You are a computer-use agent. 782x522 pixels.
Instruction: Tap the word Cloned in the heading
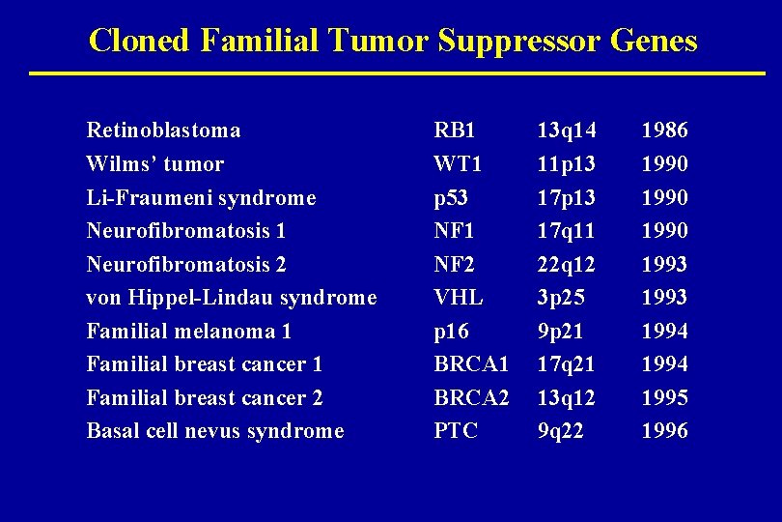pyautogui.click(x=141, y=41)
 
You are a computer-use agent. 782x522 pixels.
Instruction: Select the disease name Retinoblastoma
pyautogui.click(x=163, y=130)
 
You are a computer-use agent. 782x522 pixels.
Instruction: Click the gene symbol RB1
pyautogui.click(x=454, y=130)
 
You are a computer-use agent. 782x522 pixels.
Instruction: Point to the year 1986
pyautogui.click(x=665, y=130)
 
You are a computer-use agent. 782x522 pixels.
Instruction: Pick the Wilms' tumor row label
pyautogui.click(x=154, y=163)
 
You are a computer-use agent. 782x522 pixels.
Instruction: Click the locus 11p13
pyautogui.click(x=566, y=163)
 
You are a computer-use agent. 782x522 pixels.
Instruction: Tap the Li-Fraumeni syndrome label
pyautogui.click(x=201, y=197)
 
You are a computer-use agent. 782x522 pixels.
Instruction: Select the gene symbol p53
pyautogui.click(x=451, y=197)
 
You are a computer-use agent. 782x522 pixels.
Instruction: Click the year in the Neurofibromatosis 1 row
pyautogui.click(x=665, y=230)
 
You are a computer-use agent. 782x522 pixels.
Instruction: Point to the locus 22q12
pyautogui.click(x=566, y=264)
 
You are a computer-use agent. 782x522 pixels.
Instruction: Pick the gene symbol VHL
pyautogui.click(x=457, y=297)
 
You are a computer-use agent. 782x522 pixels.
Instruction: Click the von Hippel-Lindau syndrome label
pyautogui.click(x=232, y=297)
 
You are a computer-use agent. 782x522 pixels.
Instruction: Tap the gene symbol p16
pyautogui.click(x=451, y=331)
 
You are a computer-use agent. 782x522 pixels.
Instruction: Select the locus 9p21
pyautogui.click(x=560, y=331)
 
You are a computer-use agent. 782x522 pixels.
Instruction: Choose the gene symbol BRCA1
pyautogui.click(x=470, y=363)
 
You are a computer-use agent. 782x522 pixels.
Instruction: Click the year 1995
pyautogui.click(x=665, y=397)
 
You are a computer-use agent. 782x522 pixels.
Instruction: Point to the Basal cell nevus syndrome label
pyautogui.click(x=214, y=430)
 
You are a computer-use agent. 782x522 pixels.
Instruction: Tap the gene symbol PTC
pyautogui.click(x=456, y=430)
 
